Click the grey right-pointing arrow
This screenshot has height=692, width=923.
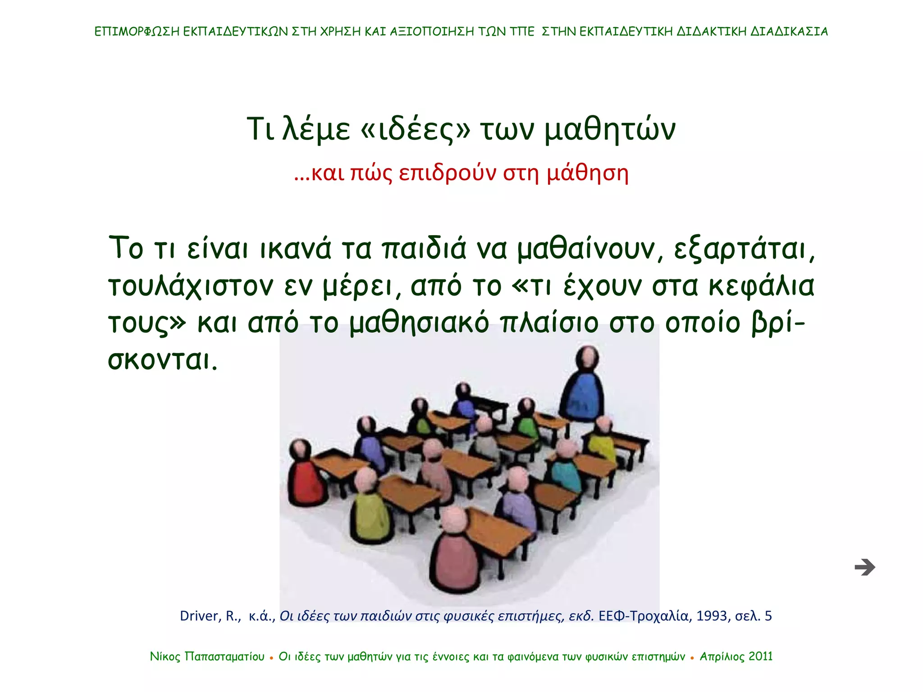pos(864,567)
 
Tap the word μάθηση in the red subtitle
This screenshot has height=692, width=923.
pos(588,173)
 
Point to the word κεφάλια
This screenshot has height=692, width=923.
pos(761,286)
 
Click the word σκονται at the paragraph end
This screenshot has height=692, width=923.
pos(162,360)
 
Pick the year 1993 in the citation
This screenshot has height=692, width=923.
pos(712,616)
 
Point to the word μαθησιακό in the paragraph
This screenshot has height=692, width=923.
pos(420,323)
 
